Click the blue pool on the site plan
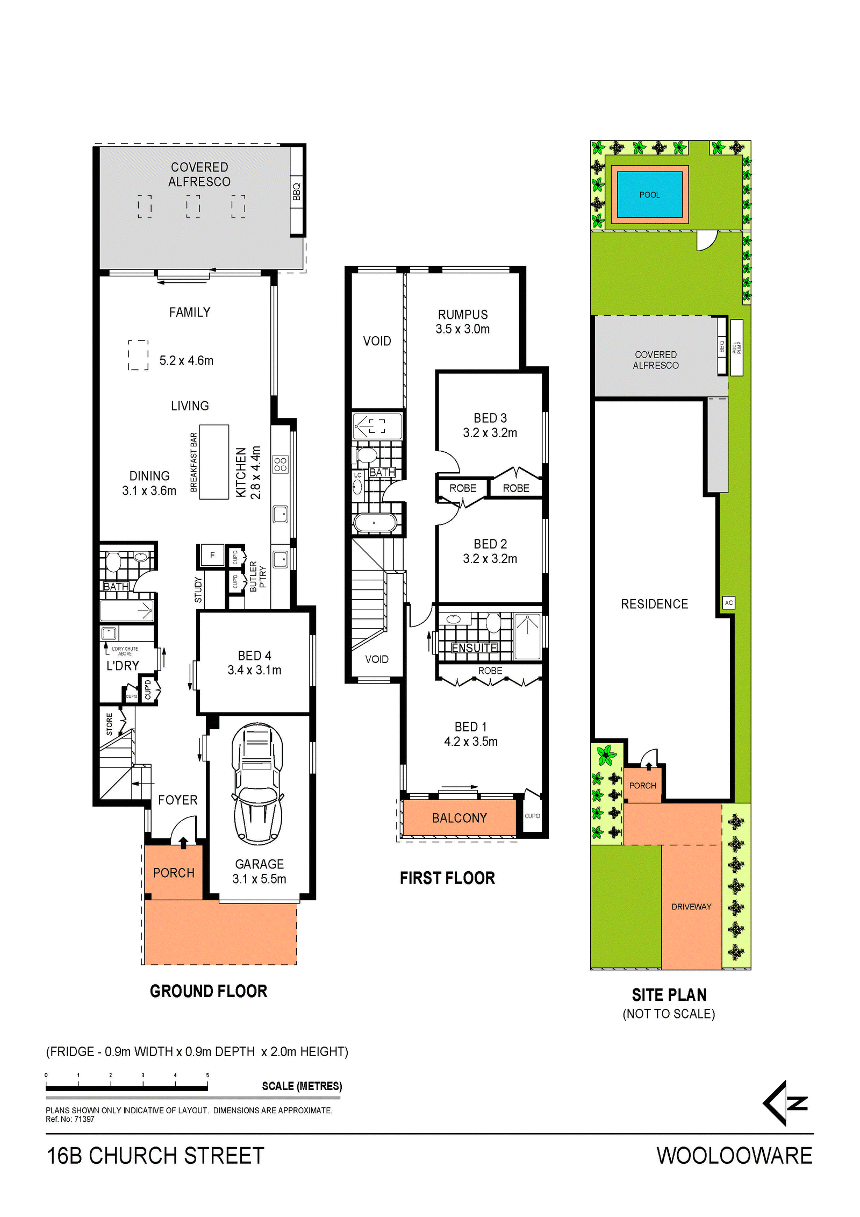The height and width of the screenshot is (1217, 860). (x=649, y=195)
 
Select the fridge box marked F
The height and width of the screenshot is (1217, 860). (x=212, y=556)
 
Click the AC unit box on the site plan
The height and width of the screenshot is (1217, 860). (x=728, y=603)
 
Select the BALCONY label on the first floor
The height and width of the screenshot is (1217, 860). (x=460, y=818)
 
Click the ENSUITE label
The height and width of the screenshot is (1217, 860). (x=475, y=647)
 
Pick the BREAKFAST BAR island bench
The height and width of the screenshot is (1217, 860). (x=214, y=462)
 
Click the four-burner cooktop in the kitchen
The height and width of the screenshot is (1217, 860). (x=280, y=465)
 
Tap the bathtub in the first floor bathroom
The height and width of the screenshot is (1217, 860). (x=375, y=523)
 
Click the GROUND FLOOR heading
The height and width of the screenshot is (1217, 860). (x=209, y=991)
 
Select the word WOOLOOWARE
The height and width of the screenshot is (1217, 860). (x=734, y=1156)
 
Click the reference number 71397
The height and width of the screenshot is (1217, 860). (x=84, y=1119)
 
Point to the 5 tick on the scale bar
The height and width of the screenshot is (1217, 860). (x=207, y=1081)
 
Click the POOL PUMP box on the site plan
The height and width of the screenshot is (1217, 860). (x=736, y=347)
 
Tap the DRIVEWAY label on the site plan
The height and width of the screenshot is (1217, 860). (x=691, y=907)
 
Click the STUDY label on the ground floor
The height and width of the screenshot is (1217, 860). (x=198, y=590)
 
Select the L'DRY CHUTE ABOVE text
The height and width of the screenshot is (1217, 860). (x=125, y=651)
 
